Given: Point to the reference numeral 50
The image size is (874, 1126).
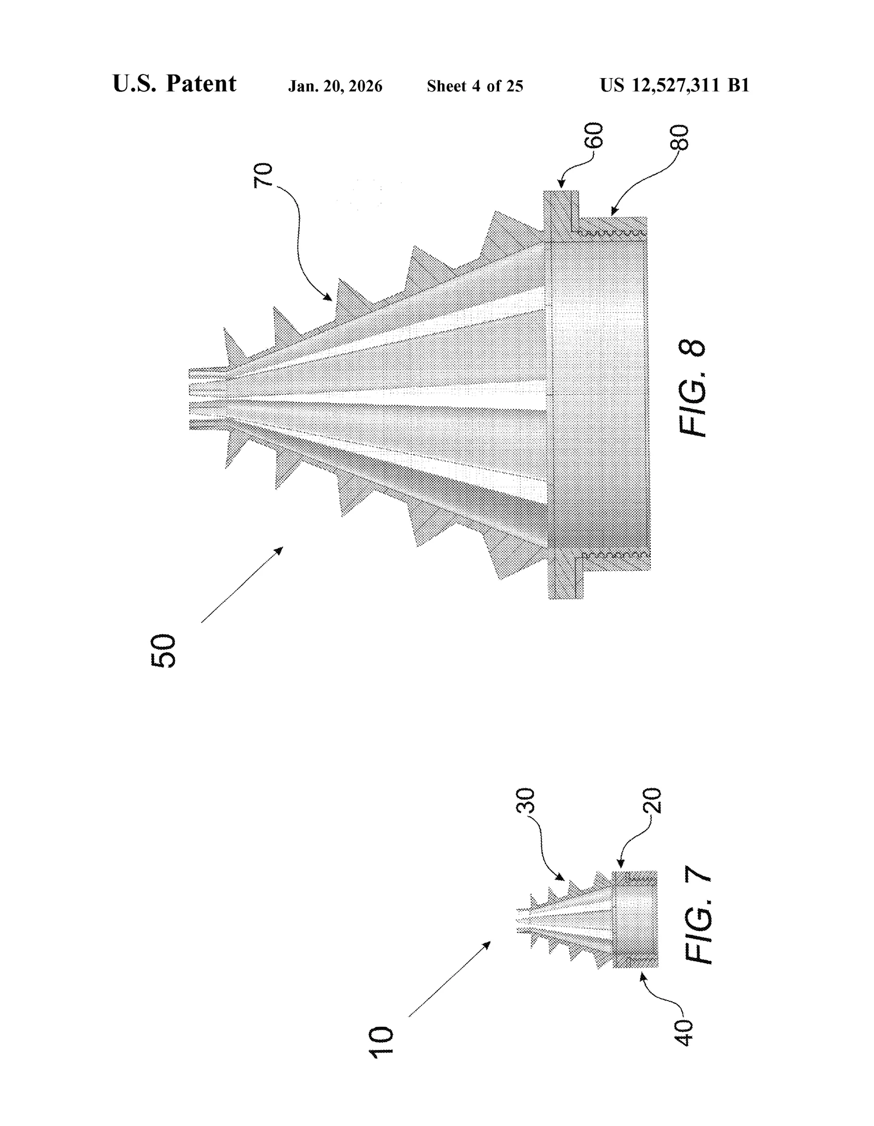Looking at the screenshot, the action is (163, 651).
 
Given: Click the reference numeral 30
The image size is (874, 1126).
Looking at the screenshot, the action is (525, 801).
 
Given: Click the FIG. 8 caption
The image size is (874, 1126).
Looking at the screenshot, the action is (691, 388).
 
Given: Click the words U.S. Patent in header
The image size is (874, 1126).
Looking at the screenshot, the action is (174, 84).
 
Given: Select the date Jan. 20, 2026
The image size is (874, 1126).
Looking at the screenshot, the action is (335, 86).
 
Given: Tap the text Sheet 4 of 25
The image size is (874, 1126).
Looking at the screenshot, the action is (475, 86).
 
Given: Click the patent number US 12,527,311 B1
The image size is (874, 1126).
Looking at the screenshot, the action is (675, 85).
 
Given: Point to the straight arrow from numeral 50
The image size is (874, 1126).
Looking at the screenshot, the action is (242, 585).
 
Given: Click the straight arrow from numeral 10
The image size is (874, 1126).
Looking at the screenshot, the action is (450, 979).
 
